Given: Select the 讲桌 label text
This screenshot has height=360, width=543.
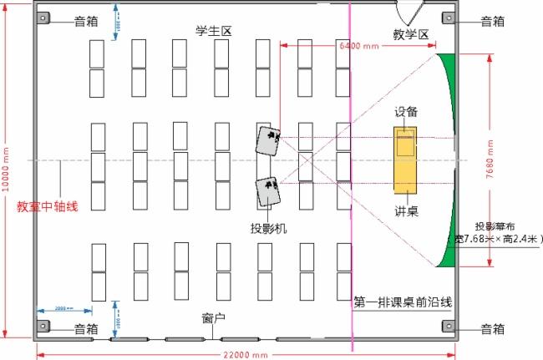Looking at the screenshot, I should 407,210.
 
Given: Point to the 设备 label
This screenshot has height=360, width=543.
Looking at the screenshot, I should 407,111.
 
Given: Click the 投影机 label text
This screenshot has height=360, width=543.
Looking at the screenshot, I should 268,227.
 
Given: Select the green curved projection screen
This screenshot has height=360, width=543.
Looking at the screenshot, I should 449,159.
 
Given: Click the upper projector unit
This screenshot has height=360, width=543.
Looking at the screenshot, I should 269,141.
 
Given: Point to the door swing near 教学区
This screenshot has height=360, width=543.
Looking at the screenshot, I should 411,13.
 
